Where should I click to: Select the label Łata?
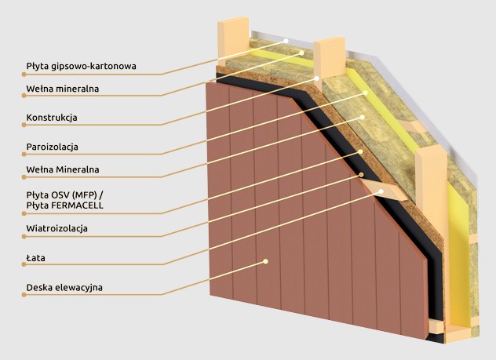pyautogui.click(x=34, y=256)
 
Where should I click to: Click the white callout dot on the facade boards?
pyautogui.click(x=267, y=260)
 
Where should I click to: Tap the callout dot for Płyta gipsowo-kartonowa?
pyautogui.click(x=287, y=40)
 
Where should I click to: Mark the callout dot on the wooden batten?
pyautogui.click(x=381, y=191)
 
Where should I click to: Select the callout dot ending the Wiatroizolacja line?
pyautogui.click(x=362, y=174)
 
